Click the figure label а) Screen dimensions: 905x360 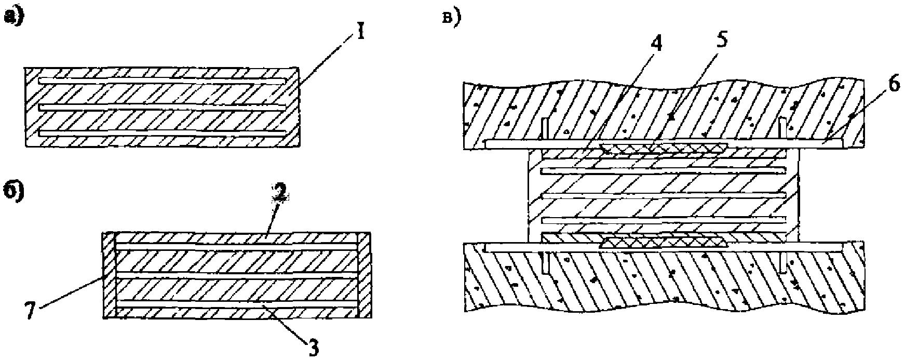click(14, 17)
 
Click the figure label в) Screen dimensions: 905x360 click(451, 19)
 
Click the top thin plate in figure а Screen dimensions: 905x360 click(163, 81)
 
